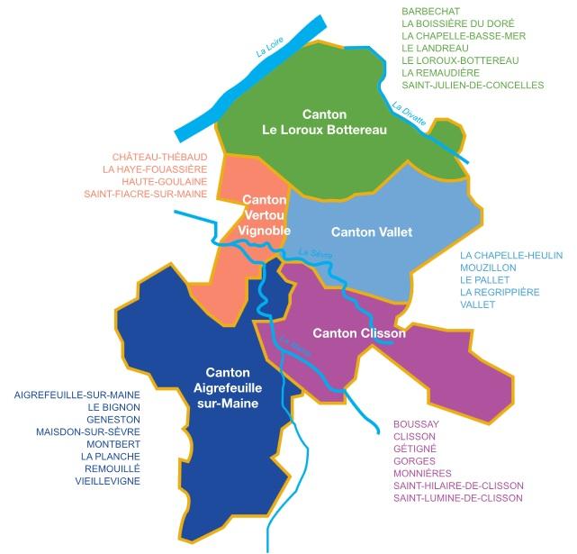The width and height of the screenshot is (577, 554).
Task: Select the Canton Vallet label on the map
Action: click(x=371, y=232)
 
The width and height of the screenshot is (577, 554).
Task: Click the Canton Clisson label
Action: click(x=358, y=332)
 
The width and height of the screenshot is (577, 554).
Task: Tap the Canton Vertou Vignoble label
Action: click(x=265, y=215)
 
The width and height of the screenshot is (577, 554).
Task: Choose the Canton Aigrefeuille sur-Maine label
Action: click(x=233, y=387)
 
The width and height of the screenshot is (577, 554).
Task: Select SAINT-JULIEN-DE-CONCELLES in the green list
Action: click(x=473, y=85)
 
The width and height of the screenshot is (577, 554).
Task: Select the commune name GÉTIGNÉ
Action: click(x=415, y=448)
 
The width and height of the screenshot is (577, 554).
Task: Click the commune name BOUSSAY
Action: click(x=416, y=422)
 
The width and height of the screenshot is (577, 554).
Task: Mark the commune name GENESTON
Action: click(x=114, y=419)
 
